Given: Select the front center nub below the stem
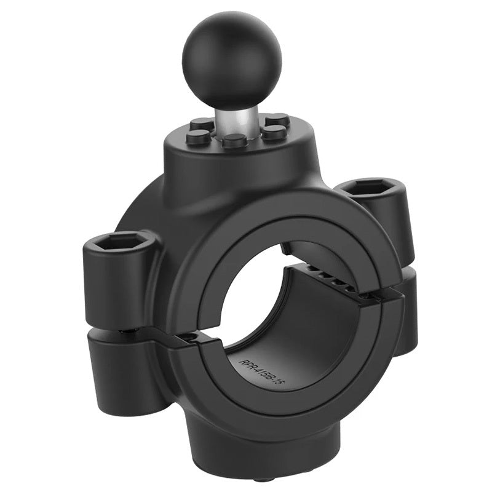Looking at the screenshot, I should tap(234, 141).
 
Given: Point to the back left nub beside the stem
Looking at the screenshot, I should tap(200, 124).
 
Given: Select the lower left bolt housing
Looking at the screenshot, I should tap(120, 369).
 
